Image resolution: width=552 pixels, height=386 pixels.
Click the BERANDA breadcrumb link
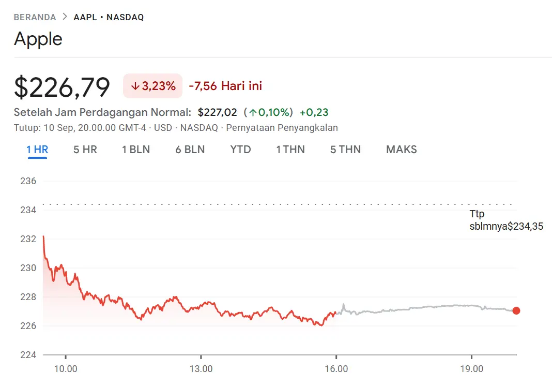pos(35,17)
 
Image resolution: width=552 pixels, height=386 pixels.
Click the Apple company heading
pos(38,39)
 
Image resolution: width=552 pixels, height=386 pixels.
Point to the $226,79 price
pos(62,86)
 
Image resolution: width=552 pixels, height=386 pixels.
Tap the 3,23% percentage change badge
pos(152,86)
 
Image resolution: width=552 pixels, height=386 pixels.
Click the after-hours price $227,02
pos(217,112)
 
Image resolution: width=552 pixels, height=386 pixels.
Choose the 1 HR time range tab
pos(37,150)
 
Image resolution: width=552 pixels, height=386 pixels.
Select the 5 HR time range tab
pos(85,150)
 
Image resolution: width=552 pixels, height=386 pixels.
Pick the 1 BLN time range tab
pos(136,150)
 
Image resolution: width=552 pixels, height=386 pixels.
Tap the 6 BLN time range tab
pos(190,150)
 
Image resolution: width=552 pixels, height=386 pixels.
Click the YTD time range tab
pos(240,150)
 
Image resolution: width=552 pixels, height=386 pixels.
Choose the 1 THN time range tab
pos(290,150)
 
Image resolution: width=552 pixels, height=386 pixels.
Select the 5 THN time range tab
pos(345,150)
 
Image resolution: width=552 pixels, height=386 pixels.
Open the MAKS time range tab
pos(402,150)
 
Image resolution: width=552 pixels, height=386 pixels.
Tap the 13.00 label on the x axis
pos(201,369)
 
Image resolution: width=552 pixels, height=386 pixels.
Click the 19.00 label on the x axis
pos(471,369)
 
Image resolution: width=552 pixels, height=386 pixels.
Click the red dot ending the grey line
pos(516,310)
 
